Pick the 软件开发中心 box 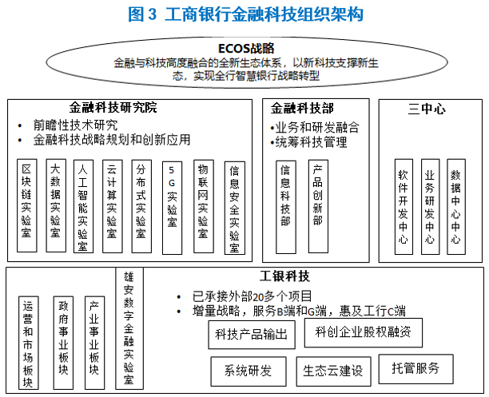pyautogui.click(x=403, y=204)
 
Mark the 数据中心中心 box pyautogui.click(x=456, y=204)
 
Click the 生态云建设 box pyautogui.click(x=333, y=371)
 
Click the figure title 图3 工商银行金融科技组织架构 pyautogui.click(x=245, y=14)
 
